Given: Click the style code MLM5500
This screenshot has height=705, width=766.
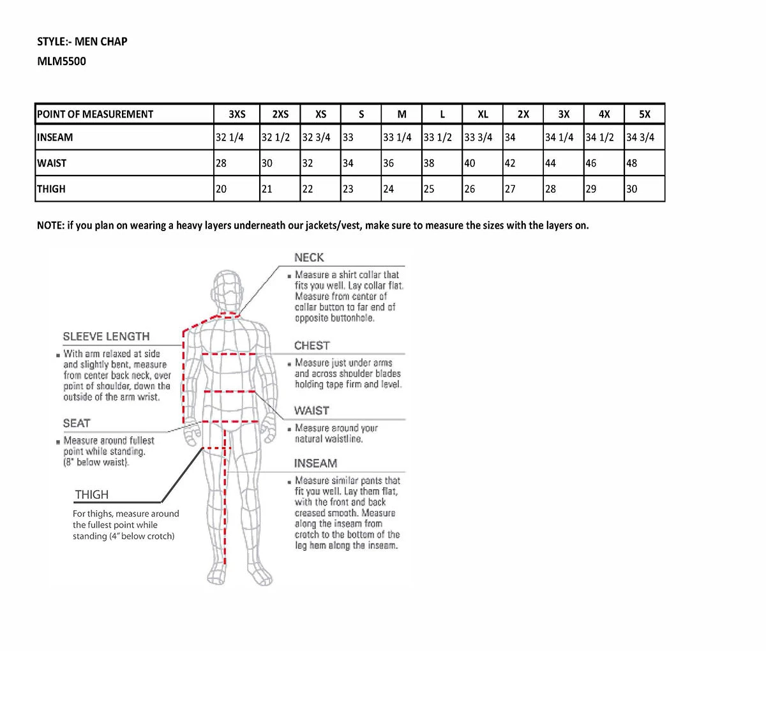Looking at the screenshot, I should click(x=61, y=61).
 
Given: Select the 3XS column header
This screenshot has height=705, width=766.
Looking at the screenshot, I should click(x=237, y=114).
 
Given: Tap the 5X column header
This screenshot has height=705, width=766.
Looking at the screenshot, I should click(x=645, y=114).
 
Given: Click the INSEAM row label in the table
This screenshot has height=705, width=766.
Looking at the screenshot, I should click(x=55, y=137).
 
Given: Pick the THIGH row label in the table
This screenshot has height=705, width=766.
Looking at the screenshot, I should click(x=51, y=189).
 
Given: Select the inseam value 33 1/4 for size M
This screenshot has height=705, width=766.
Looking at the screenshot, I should click(x=397, y=137).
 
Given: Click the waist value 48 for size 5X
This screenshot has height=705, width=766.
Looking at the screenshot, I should click(x=631, y=163).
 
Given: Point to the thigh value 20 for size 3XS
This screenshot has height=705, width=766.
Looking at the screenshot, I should click(x=221, y=189).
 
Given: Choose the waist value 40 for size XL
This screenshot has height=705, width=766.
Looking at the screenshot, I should click(x=470, y=163).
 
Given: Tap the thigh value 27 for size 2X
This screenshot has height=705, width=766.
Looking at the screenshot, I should click(x=510, y=189).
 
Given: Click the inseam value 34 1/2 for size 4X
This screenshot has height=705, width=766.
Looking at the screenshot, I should click(x=600, y=137).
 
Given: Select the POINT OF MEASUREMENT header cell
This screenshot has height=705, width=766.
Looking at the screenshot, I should click(x=95, y=114).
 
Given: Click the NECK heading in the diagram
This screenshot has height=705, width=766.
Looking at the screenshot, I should click(x=309, y=257).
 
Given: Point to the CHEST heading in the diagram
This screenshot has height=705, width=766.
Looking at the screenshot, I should click(x=312, y=345).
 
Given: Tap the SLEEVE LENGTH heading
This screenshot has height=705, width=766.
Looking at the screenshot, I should click(x=106, y=337).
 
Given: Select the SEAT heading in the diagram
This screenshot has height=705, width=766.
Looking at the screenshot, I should click(x=77, y=423).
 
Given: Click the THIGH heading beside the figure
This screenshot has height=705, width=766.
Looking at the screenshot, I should click(x=92, y=495).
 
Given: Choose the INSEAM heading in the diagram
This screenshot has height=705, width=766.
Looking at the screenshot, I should click(x=315, y=464).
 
